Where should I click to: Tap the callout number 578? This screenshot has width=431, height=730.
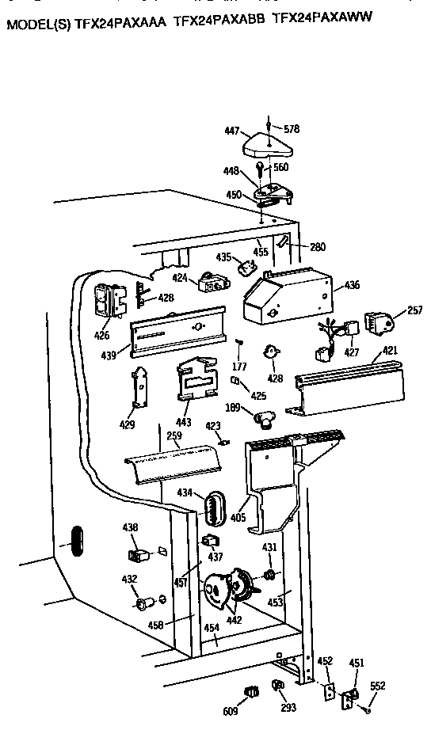(292, 128)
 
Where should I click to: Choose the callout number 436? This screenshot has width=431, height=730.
(351, 285)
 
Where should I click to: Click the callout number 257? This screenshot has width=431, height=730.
(414, 311)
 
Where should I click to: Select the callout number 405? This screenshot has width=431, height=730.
(238, 519)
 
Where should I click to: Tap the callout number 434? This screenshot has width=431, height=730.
(185, 493)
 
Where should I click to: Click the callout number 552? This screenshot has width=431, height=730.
(377, 686)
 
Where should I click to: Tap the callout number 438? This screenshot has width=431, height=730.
(129, 527)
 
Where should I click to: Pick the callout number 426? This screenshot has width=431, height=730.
(101, 335)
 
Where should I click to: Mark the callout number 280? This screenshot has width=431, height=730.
(317, 247)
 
